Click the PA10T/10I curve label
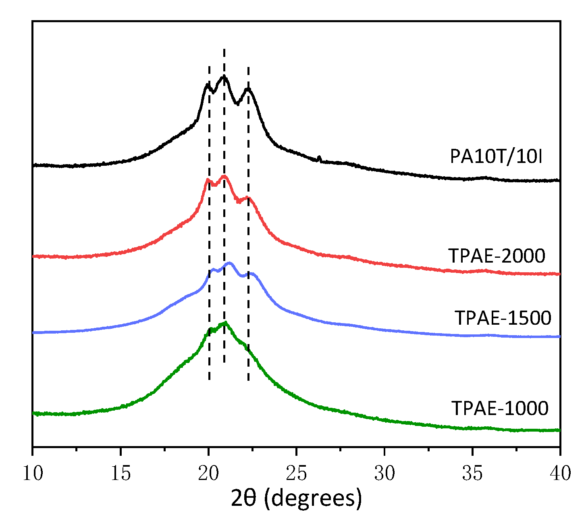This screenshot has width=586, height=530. point(496,157)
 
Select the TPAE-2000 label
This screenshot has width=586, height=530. point(497,256)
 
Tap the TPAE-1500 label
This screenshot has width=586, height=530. point(503,318)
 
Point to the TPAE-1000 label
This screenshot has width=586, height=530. point(500,408)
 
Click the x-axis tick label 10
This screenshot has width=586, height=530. point(32,474)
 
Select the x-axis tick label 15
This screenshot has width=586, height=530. point(121,474)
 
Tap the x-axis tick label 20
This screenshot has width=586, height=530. point(208,474)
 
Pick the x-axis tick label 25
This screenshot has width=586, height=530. point(296,474)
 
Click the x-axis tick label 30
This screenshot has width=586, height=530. point(384,474)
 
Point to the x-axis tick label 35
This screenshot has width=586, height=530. point(472,474)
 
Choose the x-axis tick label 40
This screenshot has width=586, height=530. point(560,474)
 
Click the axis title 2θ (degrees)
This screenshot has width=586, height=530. point(296,499)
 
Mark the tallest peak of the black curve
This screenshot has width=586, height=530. point(224,76)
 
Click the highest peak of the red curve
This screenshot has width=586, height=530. point(224,176)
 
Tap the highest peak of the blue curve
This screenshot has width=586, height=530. point(230,263)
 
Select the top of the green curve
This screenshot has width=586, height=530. point(225,322)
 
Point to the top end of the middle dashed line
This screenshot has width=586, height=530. point(224,50)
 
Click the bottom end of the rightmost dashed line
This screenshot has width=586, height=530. point(248,380)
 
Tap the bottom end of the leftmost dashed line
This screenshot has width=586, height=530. point(209,379)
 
